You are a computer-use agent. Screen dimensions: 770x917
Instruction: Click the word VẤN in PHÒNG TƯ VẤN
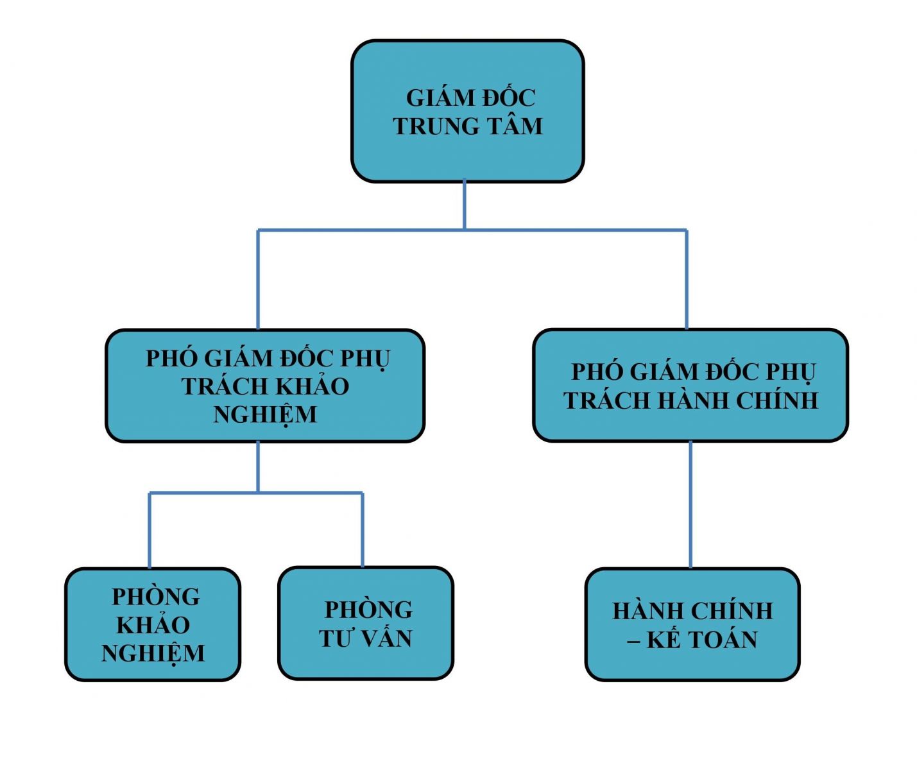[x=384, y=638]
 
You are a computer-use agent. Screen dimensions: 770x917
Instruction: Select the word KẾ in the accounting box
[x=664, y=640]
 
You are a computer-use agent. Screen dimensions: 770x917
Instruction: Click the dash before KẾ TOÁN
[x=633, y=640]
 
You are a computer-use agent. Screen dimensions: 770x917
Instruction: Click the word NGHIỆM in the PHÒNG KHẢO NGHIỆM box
[x=153, y=653]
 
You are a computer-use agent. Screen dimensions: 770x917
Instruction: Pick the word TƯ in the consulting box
[x=336, y=638]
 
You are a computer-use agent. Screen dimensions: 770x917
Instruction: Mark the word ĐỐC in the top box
[x=509, y=98]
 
